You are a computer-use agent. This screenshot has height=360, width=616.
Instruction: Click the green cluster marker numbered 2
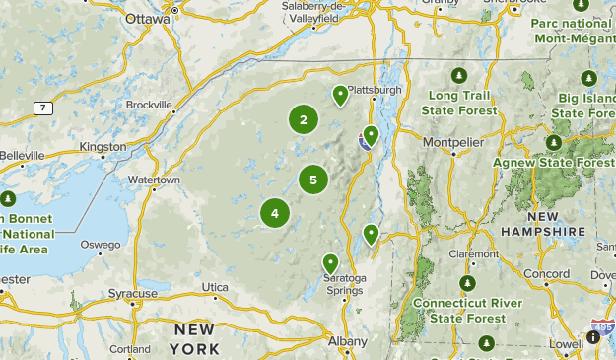pyautogui.click(x=304, y=120)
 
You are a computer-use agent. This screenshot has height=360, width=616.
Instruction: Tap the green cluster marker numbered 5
pyautogui.click(x=313, y=180)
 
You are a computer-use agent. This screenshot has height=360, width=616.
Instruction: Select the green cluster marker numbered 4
pyautogui.click(x=275, y=212)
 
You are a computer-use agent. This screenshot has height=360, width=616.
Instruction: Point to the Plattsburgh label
pyautogui.click(x=375, y=89)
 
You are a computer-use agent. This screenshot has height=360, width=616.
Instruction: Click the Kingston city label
pyautogui.click(x=103, y=147)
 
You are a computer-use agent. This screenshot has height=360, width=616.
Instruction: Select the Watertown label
pyautogui.click(x=155, y=180)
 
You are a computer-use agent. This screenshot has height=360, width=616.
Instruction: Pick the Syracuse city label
pyautogui.click(x=133, y=293)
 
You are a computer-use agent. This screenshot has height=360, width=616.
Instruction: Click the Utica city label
pyautogui.click(x=215, y=287)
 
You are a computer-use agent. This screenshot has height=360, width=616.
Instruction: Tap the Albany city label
pyautogui.click(x=348, y=341)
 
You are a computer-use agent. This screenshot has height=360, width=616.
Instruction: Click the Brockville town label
pyautogui.click(x=150, y=104)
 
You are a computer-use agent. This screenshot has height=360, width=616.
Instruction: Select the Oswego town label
pyautogui.click(x=101, y=245)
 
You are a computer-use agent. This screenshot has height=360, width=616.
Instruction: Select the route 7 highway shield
pyautogui.click(x=41, y=108)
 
